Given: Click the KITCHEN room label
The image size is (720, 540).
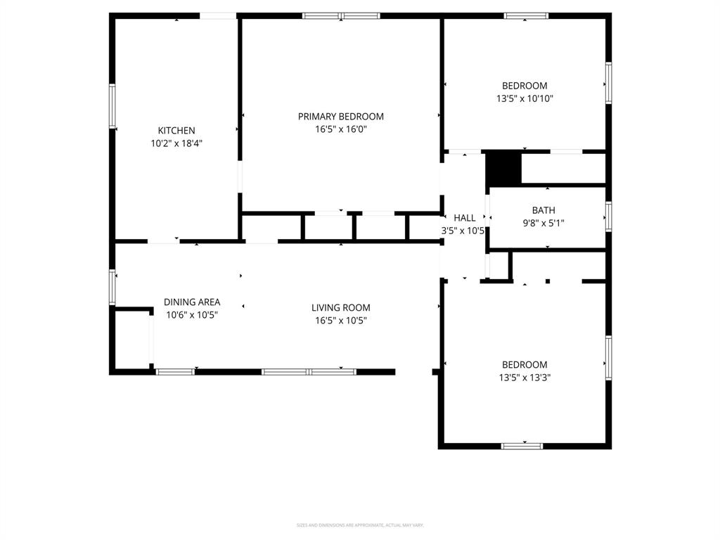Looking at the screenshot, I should coord(176,131).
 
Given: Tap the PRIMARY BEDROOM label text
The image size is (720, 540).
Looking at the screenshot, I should coord(341,117).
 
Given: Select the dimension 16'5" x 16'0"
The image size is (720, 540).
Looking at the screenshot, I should coord(341,129).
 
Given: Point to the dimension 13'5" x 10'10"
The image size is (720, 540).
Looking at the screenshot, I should coord(525,99).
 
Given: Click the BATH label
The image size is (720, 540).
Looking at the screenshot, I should coord(544,210).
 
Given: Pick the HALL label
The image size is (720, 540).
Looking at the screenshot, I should coord(464,218).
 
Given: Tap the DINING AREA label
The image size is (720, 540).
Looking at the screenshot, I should coord(192,302).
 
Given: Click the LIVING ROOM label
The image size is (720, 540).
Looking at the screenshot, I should coord(341,308).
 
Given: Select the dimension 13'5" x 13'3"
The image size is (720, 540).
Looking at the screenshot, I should coord(525,378).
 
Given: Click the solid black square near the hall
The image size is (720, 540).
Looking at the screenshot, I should coord(503,169).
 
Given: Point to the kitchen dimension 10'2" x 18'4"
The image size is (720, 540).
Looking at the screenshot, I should coord(176,143).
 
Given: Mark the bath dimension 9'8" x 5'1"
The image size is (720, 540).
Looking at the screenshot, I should coord(544,224).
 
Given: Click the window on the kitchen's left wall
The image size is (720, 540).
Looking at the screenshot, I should coord(112,106).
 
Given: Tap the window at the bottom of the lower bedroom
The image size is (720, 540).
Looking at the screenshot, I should coord(522,445).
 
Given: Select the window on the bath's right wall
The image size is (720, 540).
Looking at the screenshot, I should coord(608,217).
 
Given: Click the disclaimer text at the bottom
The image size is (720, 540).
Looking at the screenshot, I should coord(360,525).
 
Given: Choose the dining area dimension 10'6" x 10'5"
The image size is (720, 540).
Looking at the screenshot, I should coord(192,316).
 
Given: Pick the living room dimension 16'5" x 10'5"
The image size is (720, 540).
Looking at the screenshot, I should coord(341,321).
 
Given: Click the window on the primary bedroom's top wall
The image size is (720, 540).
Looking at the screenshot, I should coord(341,15).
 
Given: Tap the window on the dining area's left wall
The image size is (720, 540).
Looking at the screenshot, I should coord(112,287).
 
